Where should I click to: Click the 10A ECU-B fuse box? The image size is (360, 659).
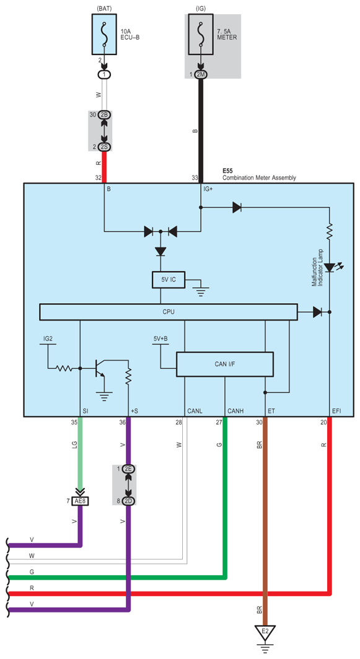[x=104, y=33]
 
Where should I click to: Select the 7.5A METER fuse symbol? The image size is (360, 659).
[x=201, y=33]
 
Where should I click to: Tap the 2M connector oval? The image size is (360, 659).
[x=201, y=74]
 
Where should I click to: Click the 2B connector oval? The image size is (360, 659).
[x=105, y=114]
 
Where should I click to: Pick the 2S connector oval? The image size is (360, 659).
[x=105, y=147]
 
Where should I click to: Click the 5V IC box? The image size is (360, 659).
[x=168, y=280]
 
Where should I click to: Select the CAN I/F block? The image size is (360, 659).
[x=225, y=364]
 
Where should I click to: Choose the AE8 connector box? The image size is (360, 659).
[x=80, y=501]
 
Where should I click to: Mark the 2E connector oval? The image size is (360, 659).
[x=128, y=469]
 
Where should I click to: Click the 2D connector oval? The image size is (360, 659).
[x=128, y=501]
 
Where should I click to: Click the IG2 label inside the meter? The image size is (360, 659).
[x=48, y=338]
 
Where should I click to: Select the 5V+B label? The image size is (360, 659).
[x=160, y=338]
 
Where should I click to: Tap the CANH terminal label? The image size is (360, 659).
[x=234, y=410]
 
